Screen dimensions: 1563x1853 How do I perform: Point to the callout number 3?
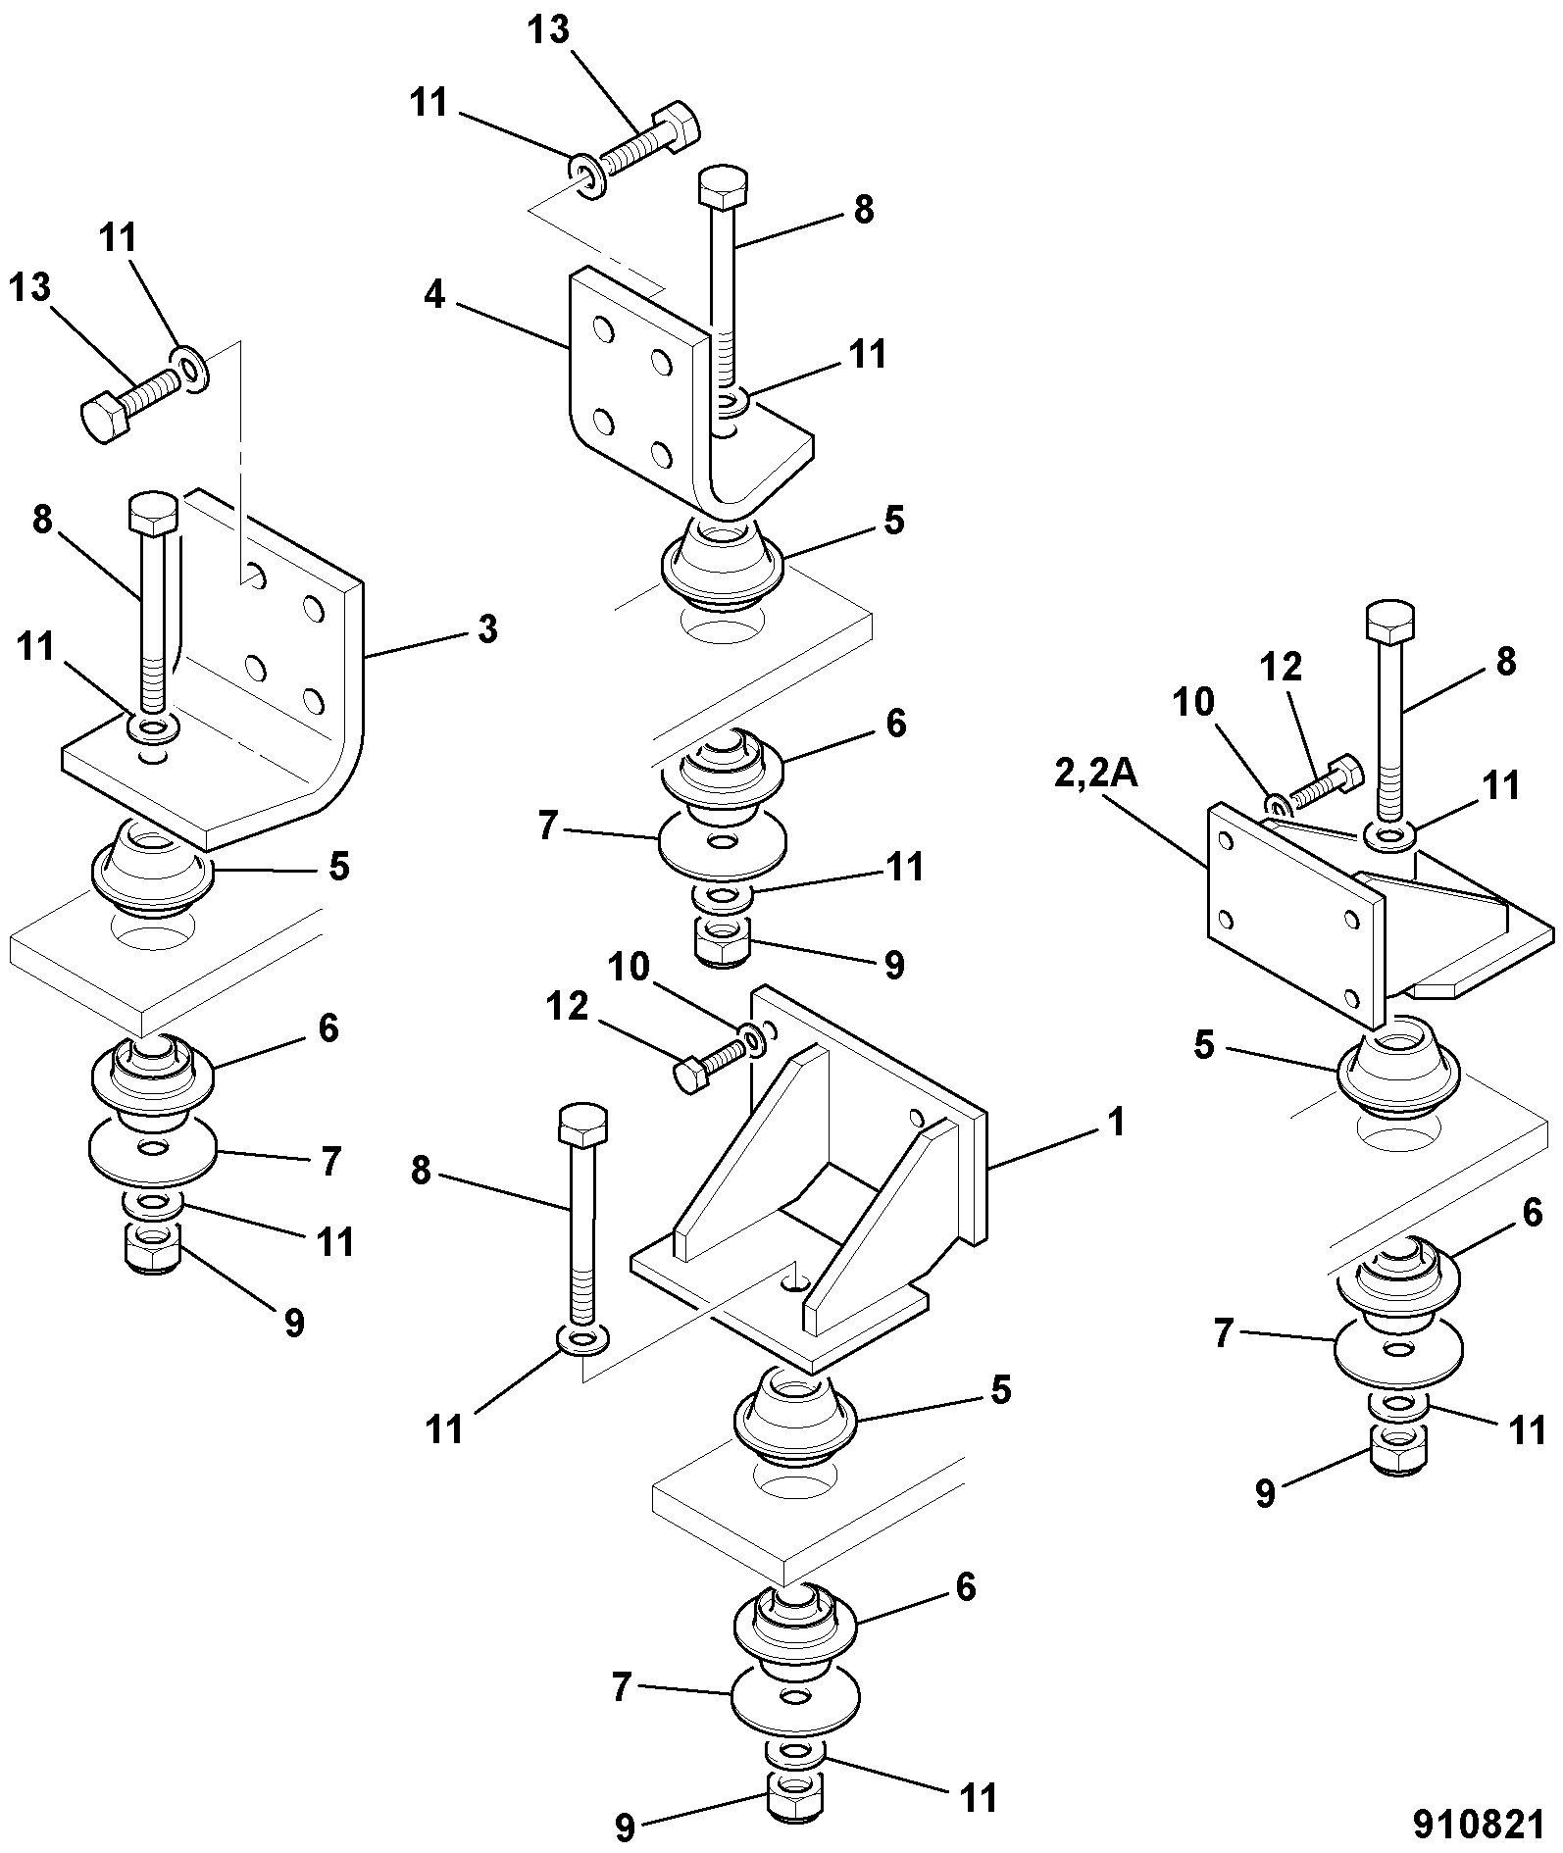[x=486, y=628]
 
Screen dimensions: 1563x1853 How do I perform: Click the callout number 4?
[x=434, y=294]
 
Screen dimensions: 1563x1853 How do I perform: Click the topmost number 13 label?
[x=548, y=29]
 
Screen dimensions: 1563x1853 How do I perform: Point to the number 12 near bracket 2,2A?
[x=1281, y=667]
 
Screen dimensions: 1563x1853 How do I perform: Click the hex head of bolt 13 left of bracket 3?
[x=103, y=420]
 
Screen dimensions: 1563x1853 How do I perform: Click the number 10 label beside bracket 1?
[x=629, y=968]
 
